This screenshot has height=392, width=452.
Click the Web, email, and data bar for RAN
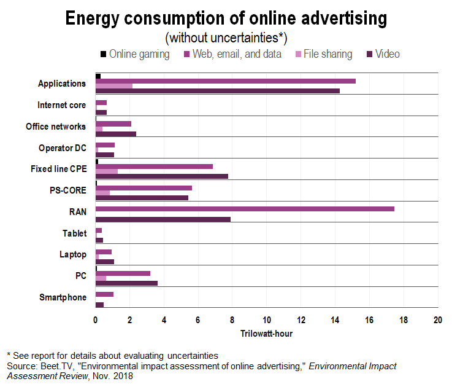point(245,210)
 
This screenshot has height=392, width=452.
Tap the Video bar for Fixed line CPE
point(162,176)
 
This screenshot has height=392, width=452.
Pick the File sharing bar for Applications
point(114,86)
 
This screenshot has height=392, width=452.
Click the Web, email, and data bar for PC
point(123,273)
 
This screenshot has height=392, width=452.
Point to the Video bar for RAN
point(163,219)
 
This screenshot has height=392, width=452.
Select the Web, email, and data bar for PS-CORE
point(144,188)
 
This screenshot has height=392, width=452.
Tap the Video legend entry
point(383,54)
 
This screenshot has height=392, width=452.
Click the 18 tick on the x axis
point(404,320)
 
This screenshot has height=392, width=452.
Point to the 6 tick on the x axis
point(198,320)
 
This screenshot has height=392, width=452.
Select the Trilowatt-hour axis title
point(266,334)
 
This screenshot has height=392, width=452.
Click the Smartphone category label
point(63,297)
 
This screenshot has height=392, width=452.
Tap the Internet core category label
point(61,105)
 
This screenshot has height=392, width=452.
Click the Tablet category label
point(74,233)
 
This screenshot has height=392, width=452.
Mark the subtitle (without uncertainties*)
point(226,38)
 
